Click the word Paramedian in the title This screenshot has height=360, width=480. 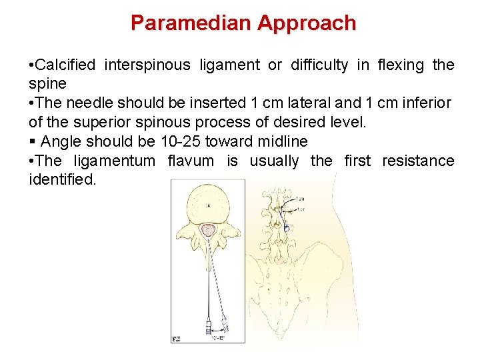[x=191, y=23]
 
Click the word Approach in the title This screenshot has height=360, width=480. [x=307, y=23]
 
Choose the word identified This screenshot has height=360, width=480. [x=62, y=180]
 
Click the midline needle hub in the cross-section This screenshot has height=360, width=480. [x=209, y=327]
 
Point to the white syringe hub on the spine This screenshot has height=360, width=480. [x=287, y=227]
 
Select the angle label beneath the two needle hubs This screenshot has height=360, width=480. [x=219, y=339]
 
